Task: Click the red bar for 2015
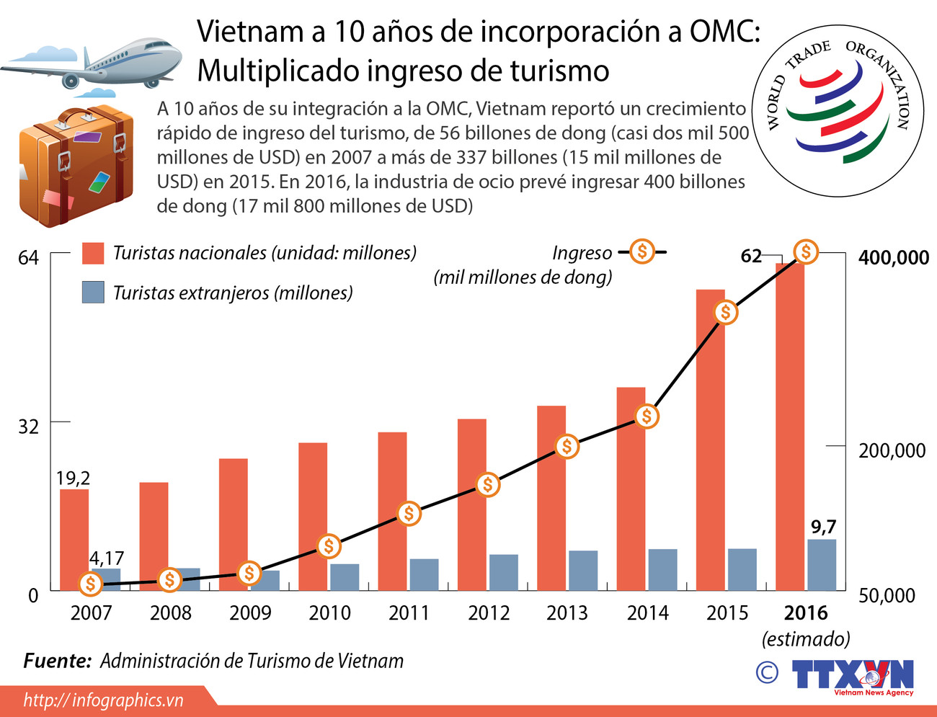710,440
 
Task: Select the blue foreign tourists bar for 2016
822,565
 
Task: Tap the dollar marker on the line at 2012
488,485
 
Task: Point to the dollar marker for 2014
647,416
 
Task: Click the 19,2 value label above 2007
73,478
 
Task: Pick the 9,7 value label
823,527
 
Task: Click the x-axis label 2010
329,613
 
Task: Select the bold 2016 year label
806,613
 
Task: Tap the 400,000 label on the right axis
893,258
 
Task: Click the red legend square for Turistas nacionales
94,253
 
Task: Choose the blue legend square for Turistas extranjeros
94,293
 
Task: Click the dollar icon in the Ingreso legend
641,251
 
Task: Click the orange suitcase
76,166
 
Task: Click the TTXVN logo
853,676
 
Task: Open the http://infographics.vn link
103,700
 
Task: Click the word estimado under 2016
806,638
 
